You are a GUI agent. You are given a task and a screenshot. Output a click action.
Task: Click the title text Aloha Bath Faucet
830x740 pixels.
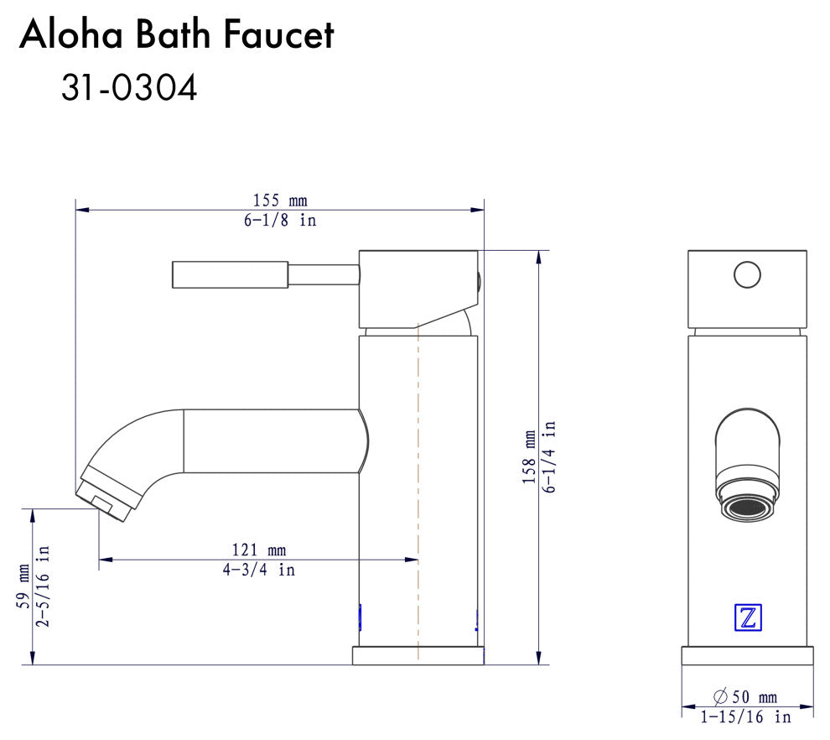click(x=177, y=35)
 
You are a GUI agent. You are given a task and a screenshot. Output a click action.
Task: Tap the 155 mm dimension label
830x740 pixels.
click(x=280, y=201)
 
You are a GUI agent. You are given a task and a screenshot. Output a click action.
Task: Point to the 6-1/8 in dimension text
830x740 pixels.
click(x=280, y=221)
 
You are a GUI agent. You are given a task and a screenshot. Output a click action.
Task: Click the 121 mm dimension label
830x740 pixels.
click(x=258, y=550)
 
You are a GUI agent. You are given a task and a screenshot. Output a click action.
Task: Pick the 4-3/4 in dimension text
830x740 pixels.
click(x=258, y=570)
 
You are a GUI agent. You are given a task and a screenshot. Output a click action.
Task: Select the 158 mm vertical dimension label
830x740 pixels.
click(x=529, y=457)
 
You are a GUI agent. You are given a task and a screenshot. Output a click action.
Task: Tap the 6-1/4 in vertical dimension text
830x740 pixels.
click(x=549, y=457)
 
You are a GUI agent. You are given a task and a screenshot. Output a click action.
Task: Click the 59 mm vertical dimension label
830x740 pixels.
click(x=24, y=586)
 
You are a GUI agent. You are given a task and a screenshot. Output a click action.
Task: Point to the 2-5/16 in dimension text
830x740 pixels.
click(x=44, y=586)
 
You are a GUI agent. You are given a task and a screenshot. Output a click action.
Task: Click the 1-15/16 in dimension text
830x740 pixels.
click(x=745, y=717)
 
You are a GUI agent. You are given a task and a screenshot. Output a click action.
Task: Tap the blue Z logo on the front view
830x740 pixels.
click(x=748, y=618)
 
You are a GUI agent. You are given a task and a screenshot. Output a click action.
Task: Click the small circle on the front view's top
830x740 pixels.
click(x=746, y=274)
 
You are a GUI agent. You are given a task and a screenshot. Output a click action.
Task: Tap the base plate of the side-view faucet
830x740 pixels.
click(x=418, y=655)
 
